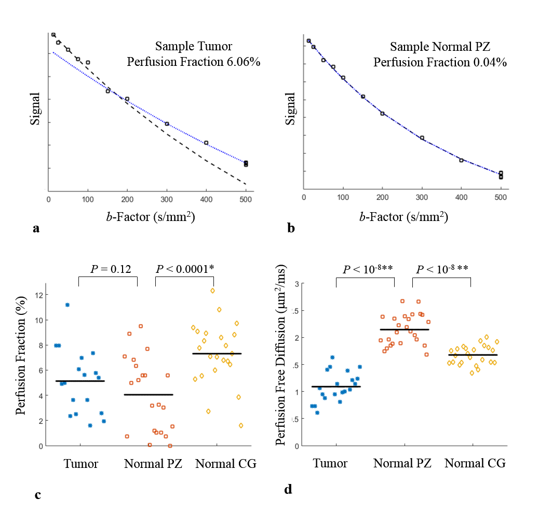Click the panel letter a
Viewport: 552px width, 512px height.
tap(36, 228)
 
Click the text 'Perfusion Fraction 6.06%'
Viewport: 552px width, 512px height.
tap(194, 62)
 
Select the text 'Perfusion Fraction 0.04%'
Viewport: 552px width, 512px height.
tap(440, 62)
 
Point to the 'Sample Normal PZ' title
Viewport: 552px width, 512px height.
tap(440, 47)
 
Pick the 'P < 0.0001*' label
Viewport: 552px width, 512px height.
tap(185, 268)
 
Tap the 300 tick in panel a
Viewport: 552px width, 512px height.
tap(167, 197)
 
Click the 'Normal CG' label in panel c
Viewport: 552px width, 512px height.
tap(226, 464)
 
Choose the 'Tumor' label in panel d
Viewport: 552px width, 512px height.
tap(330, 463)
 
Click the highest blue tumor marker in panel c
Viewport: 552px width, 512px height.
tap(68, 305)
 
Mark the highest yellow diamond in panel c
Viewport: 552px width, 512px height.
tap(212, 290)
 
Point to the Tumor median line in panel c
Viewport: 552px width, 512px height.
tap(80, 381)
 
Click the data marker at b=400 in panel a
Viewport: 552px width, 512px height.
tap(206, 143)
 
